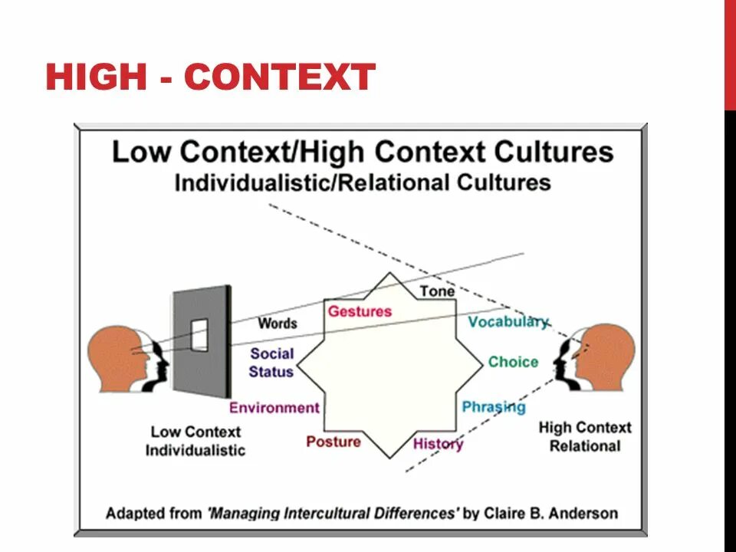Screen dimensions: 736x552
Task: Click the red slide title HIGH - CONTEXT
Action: [210, 77]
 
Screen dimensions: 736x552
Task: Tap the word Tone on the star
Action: [437, 292]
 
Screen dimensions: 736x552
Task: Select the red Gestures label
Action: [360, 311]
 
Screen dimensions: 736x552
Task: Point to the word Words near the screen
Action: [278, 323]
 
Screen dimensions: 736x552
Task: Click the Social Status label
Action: [271, 363]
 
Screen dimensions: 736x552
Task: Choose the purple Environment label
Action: [274, 408]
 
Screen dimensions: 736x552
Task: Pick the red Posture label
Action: [333, 442]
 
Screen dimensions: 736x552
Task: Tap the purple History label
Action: [439, 444]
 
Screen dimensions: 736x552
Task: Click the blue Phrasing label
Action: [494, 407]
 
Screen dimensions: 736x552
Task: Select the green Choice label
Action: [513, 362]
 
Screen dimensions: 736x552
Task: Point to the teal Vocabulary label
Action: [508, 322]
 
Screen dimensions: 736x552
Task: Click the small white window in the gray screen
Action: [199, 335]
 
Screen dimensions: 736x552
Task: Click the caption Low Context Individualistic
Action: [195, 441]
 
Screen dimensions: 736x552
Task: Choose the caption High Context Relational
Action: [585, 436]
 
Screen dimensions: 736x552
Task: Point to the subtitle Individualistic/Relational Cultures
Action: [363, 183]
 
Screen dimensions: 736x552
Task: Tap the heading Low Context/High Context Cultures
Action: [363, 151]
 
